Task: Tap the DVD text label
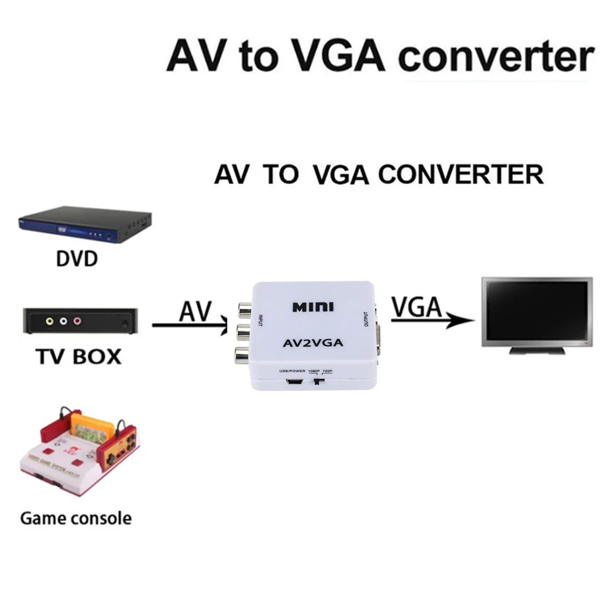76,259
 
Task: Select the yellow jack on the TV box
49,322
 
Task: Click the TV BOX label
78,357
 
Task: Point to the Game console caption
76,518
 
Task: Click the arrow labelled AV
190,325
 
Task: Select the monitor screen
536,308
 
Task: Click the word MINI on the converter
313,307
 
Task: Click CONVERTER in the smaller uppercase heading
461,175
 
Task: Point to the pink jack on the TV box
78,322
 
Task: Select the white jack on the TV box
63,322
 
